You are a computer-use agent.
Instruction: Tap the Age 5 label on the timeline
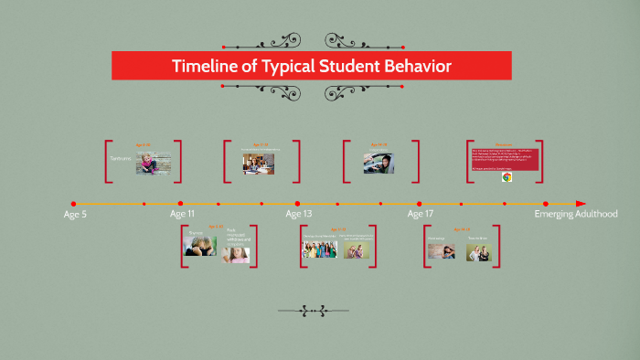(75, 215)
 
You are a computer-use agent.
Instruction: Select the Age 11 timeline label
(182, 215)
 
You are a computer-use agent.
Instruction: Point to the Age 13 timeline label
(299, 215)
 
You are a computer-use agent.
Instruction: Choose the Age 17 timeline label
(421, 215)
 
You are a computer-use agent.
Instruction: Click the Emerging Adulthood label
(576, 215)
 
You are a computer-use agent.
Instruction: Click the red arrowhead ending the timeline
(581, 204)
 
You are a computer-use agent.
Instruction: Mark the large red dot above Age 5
(74, 204)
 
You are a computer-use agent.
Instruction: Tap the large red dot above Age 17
(420, 204)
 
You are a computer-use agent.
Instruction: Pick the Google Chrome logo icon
(506, 178)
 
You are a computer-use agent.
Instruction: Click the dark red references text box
(504, 157)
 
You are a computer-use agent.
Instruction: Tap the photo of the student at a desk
(259, 163)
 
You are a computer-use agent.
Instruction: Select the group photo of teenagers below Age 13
(318, 249)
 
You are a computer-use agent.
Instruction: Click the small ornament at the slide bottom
(312, 311)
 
